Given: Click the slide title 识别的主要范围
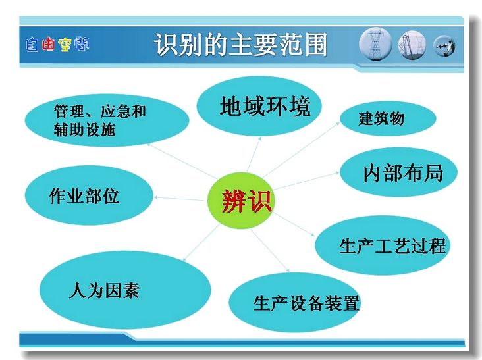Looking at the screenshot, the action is [x=240, y=45].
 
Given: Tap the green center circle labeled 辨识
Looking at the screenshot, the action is [x=240, y=201].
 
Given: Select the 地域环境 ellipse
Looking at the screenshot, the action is [x=259, y=106].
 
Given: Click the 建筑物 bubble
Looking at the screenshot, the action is [x=388, y=118].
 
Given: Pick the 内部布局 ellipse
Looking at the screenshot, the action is [x=398, y=172].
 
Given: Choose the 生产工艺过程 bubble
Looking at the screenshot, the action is [x=387, y=245].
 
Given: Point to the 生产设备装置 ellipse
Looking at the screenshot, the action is [x=295, y=303].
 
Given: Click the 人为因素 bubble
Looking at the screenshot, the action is [x=125, y=290].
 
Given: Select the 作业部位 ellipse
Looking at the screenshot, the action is [x=89, y=195].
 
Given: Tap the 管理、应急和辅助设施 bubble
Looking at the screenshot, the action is [x=107, y=120].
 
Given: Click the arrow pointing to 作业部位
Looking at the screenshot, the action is [x=178, y=199].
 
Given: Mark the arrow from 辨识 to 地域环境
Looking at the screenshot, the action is [x=254, y=155].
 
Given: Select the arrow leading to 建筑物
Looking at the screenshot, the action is [x=302, y=150].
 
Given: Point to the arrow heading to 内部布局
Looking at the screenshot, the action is [x=306, y=180].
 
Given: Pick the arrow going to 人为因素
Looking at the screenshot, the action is [x=201, y=243].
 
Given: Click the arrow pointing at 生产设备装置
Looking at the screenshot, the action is [x=270, y=251].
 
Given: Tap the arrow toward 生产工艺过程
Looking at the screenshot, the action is [x=294, y=224].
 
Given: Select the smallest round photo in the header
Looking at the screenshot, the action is [x=444, y=46].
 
